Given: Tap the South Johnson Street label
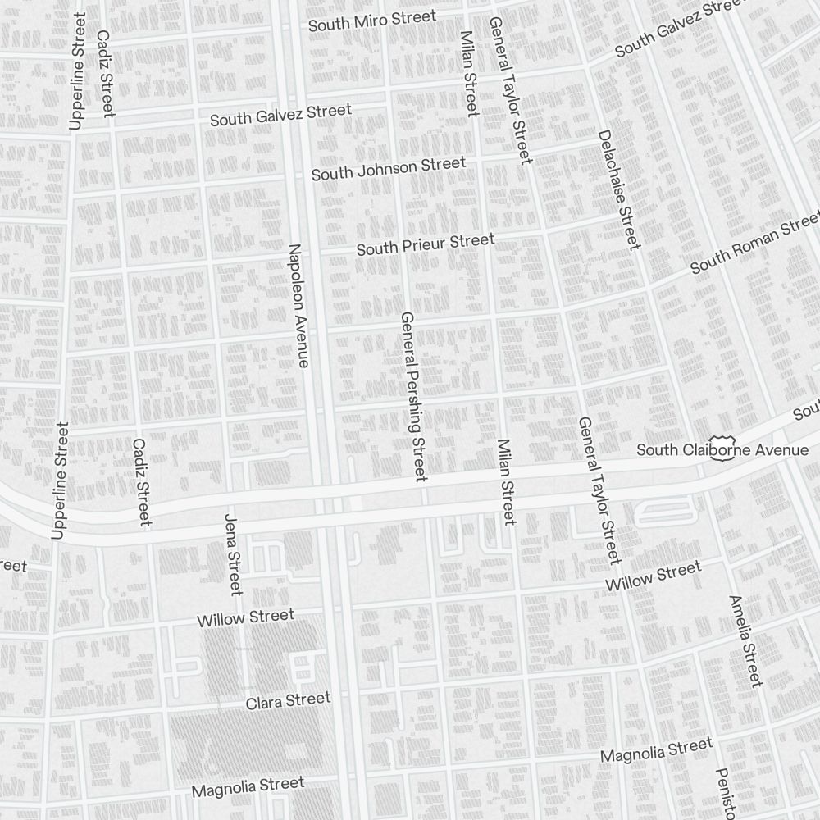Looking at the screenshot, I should pyautogui.click(x=389, y=169).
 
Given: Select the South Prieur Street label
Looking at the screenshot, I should pyautogui.click(x=426, y=244).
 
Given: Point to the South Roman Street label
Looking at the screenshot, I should pyautogui.click(x=754, y=244).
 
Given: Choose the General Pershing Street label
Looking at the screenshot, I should pyautogui.click(x=413, y=396).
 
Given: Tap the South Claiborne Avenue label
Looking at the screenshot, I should pyautogui.click(x=722, y=450).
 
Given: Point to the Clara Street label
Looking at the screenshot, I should pyautogui.click(x=288, y=701).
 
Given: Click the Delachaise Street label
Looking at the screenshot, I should pyautogui.click(x=618, y=189).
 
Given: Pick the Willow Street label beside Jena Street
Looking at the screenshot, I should pyautogui.click(x=245, y=617).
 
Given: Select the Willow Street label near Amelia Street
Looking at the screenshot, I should pyautogui.click(x=654, y=576).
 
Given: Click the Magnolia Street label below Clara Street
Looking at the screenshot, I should pyautogui.click(x=248, y=787).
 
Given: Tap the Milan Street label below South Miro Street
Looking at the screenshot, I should pyautogui.click(x=469, y=74).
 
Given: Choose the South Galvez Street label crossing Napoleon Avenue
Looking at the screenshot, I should pyautogui.click(x=280, y=114).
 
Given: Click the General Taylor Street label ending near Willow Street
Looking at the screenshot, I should pyautogui.click(x=596, y=490).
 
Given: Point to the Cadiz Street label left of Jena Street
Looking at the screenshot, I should pyautogui.click(x=141, y=481).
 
